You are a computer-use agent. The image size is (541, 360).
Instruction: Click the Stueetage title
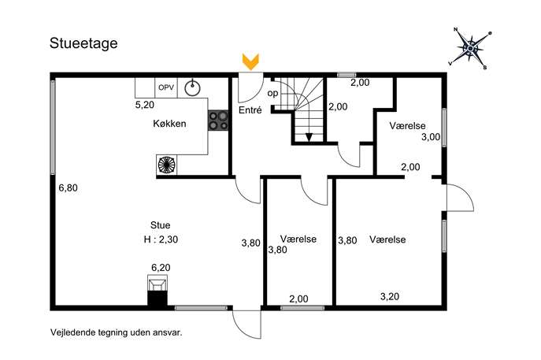coord(83,43)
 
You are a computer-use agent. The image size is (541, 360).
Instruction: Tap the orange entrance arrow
coord(251,62)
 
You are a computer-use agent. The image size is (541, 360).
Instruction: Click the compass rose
coord(471,47)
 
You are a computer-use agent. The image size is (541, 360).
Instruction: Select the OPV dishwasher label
coord(166,87)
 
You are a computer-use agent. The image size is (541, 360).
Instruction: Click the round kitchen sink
coord(192,87)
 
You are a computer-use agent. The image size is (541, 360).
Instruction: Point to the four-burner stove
coord(218,121)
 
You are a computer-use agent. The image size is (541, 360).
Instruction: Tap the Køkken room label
coord(169,124)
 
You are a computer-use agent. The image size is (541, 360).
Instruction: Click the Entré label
coord(250,110)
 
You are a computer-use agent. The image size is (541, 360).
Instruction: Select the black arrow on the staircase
coord(309,137)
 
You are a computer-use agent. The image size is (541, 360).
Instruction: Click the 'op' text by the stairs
coord(272,93)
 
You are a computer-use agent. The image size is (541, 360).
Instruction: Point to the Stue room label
coord(160,225)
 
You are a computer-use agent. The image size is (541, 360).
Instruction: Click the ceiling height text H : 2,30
coord(161,239)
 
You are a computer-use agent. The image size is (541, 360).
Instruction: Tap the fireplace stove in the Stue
coord(157,290)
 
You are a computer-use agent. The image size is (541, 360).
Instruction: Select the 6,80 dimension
coord(68,188)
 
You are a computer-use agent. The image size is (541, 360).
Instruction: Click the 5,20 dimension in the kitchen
coord(145,105)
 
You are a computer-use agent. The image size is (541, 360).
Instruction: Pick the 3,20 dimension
coord(390,296)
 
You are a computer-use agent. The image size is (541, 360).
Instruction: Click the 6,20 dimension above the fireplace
coord(161,268)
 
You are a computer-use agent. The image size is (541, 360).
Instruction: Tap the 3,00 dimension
coord(431,137)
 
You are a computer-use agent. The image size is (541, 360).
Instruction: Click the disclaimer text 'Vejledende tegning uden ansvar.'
coord(117,332)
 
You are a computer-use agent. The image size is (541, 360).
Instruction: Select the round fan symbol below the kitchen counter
coord(167,165)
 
